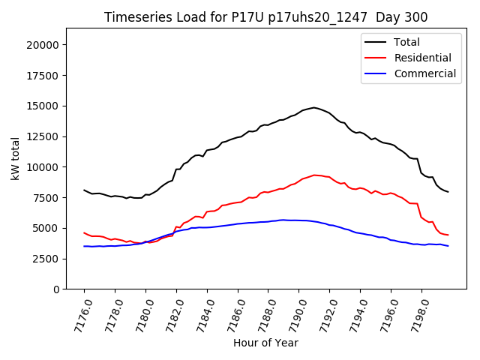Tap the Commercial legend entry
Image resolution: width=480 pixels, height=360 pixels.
pos(424,73)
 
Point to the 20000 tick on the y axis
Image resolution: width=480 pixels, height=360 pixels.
pos(43,45)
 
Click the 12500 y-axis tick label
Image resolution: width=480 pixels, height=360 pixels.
pos(43,136)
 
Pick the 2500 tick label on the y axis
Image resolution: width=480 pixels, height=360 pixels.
pos(46,259)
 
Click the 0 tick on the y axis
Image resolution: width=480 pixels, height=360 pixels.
pos(56,289)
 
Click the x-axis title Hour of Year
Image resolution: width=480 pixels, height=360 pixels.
pos(265,343)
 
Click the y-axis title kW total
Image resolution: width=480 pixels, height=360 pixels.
pos(15,158)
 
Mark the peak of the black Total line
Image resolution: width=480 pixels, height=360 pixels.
pos(313,107)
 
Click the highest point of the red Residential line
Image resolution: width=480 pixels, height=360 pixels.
pos(314,175)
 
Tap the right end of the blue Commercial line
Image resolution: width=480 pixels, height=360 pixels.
pos(448,246)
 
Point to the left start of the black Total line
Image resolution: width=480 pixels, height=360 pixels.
pos(84,190)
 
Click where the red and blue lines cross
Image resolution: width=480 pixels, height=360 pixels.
pos(144,242)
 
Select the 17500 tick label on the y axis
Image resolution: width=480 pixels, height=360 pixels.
pos(43,75)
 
